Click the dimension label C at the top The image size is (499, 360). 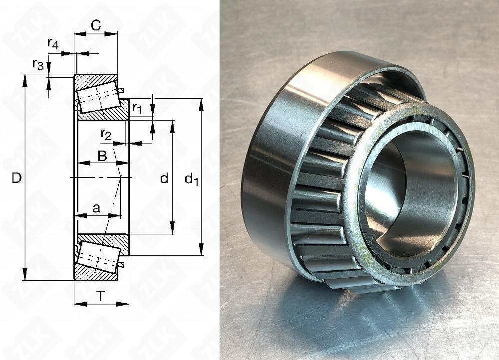click(96, 25)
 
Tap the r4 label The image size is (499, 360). click(53, 43)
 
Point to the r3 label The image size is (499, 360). click(38, 64)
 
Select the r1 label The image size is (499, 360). click(137, 108)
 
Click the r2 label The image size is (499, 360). click(106, 135)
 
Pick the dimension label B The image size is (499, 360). click(102, 156)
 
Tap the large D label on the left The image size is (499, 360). click(16, 178)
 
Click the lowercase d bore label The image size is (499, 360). click(164, 179)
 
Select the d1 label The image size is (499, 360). click(191, 180)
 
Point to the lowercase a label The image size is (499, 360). click(96, 208)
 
